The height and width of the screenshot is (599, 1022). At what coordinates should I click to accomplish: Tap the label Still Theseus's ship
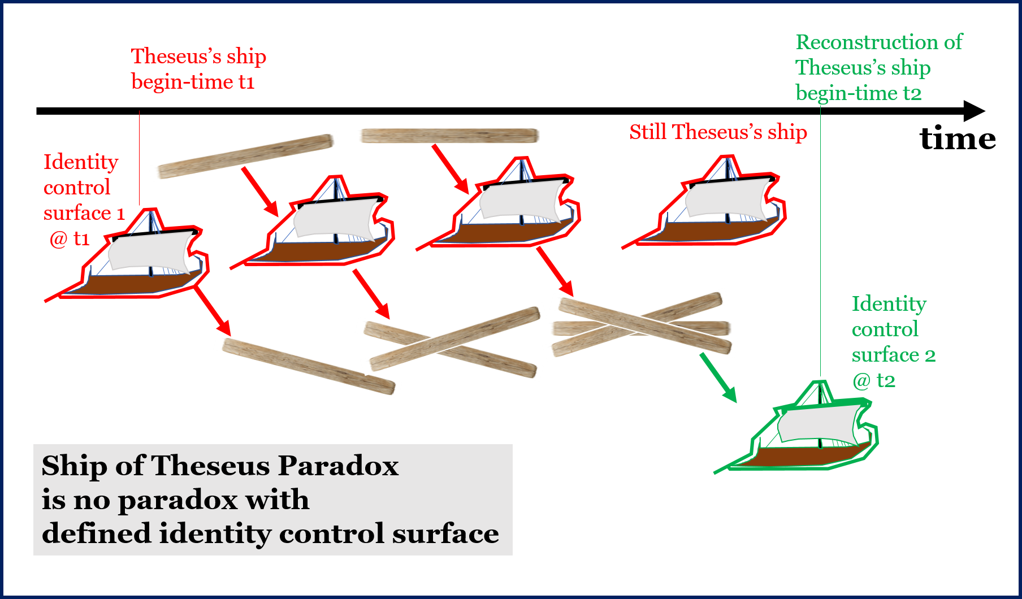pyautogui.click(x=718, y=132)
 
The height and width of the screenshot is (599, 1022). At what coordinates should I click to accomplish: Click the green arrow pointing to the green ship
pyautogui.click(x=718, y=378)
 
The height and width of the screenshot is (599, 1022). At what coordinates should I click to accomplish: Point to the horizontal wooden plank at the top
pyautogui.click(x=448, y=136)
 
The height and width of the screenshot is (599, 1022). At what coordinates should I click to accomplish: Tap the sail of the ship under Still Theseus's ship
pyautogui.click(x=726, y=199)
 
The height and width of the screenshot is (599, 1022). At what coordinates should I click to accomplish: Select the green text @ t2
pyautogui.click(x=874, y=381)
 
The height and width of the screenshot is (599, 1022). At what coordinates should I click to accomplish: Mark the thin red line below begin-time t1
pyautogui.click(x=140, y=158)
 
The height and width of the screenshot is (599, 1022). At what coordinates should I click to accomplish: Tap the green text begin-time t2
pyautogui.click(x=858, y=93)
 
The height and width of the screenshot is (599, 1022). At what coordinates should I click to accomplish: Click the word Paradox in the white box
pyautogui.click(x=337, y=466)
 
